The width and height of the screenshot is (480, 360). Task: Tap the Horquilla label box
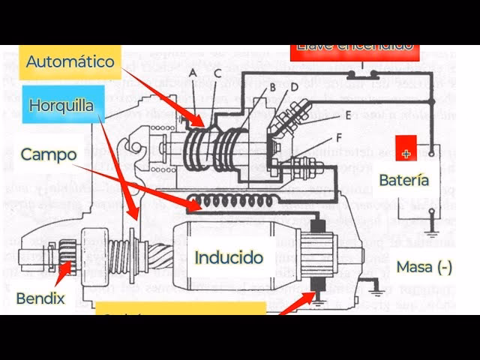pyautogui.click(x=61, y=106)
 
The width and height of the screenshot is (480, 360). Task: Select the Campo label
pyautogui.click(x=49, y=154)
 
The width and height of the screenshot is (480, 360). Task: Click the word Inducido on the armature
pyautogui.click(x=229, y=257)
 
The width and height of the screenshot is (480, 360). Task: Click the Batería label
pyautogui.click(x=403, y=180)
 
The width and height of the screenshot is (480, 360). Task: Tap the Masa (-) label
pyautogui.click(x=424, y=266)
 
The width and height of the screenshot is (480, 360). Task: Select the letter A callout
pyautogui.click(x=193, y=73)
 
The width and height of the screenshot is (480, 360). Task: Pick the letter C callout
pyautogui.click(x=217, y=73)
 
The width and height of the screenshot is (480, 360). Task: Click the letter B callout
pyautogui.click(x=273, y=86)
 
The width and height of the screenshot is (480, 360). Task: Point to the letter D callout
pyautogui.click(x=295, y=86)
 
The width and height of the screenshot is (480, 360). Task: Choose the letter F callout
pyautogui.click(x=339, y=137)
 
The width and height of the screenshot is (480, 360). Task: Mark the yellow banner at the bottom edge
pyautogui.click(x=180, y=308)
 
